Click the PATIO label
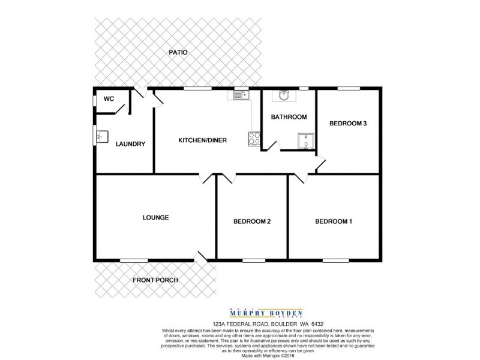[x=178, y=53]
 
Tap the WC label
[x=109, y=100]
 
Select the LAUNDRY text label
[x=130, y=144]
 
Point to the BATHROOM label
[x=289, y=117]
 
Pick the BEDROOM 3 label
[x=348, y=124]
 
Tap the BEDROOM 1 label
[x=334, y=222]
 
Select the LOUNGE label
[x=155, y=217]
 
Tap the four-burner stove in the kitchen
[x=254, y=139]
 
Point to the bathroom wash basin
[x=283, y=96]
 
